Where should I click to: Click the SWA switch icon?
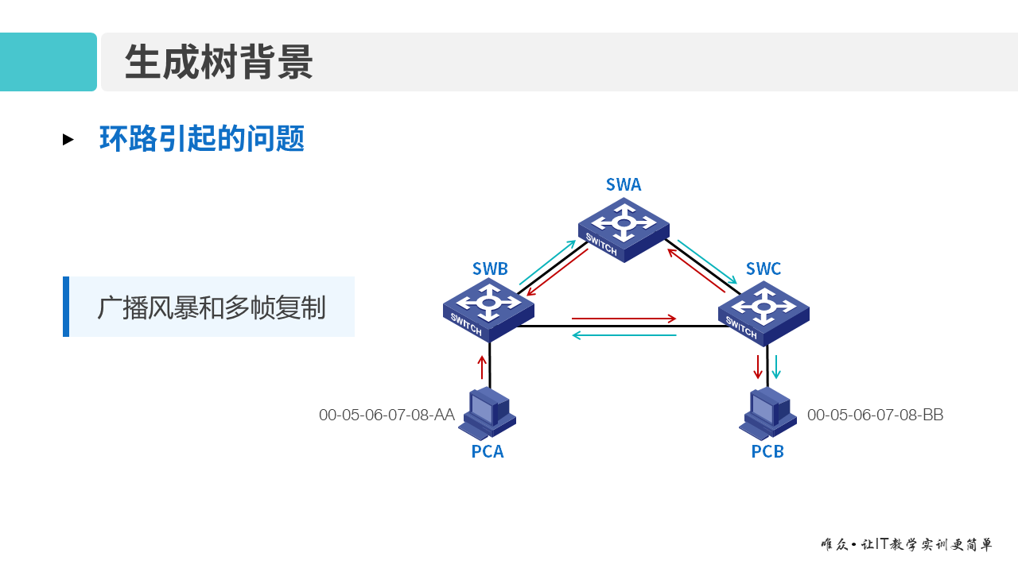pos(624,229)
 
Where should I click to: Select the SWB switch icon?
pos(488,309)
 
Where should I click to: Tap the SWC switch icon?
pos(763,312)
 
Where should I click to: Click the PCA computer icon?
pos(487,413)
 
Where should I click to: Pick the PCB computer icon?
pos(767,413)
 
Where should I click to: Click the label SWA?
pos(624,185)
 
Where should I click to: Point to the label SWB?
pos(490,269)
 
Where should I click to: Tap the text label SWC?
pos(763,269)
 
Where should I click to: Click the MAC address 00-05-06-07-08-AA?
pos(387,415)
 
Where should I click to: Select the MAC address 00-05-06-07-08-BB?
pos(875,415)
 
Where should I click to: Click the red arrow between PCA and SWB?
pos(481,367)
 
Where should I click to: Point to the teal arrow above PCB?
pos(777,366)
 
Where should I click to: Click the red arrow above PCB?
pos(758,366)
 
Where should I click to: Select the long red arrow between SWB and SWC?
pos(624,319)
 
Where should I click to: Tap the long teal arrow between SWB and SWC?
pos(624,335)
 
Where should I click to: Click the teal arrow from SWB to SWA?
pos(547,262)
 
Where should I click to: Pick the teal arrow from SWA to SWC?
pos(707,261)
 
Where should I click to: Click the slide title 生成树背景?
pos(219,62)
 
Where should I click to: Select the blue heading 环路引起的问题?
pos(202,139)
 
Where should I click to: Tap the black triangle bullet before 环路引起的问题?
pos(68,140)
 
